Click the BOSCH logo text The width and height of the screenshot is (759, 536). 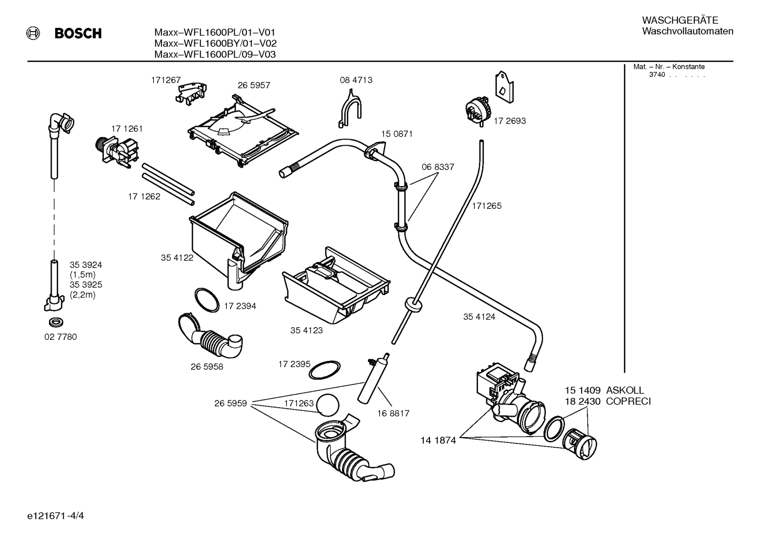(x=78, y=34)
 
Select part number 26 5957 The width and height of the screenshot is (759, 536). (x=254, y=85)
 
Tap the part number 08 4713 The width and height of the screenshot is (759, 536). (x=356, y=80)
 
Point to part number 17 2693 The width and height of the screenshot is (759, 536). (x=510, y=120)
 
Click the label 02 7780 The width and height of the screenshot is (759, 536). (x=60, y=337)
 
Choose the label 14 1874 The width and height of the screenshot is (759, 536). (x=438, y=440)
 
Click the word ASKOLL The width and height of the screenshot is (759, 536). (x=625, y=390)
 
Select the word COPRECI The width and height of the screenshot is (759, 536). (x=628, y=401)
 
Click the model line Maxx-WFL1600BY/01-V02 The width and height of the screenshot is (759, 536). (x=215, y=43)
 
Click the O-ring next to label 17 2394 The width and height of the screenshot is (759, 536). (x=207, y=299)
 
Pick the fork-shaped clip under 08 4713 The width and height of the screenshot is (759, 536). (x=350, y=108)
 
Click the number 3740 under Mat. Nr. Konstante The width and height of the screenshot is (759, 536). (x=656, y=75)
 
